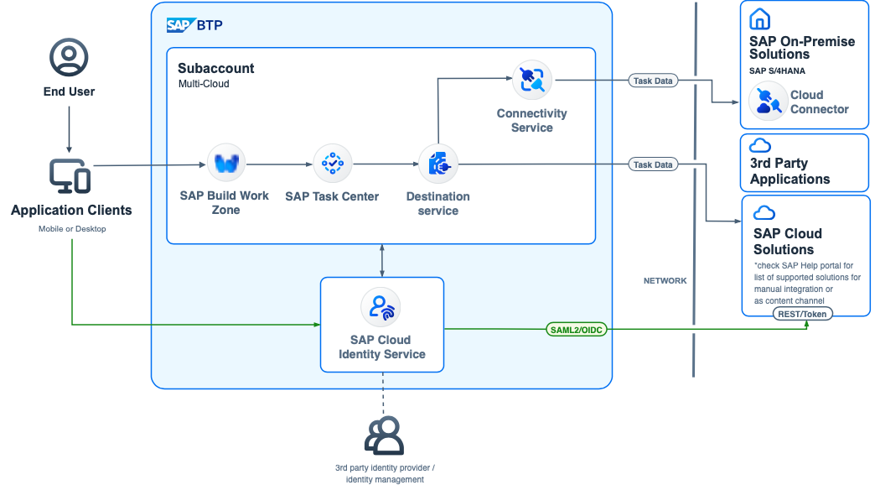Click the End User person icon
(x=69, y=57)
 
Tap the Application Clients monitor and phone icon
(x=69, y=175)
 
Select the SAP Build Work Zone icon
(x=225, y=163)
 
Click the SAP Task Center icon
(x=332, y=163)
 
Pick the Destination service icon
(x=437, y=164)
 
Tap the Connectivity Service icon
(x=531, y=80)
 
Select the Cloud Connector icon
(x=767, y=102)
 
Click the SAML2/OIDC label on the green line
(x=577, y=329)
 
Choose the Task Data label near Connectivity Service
(x=653, y=81)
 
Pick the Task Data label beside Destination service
(x=653, y=164)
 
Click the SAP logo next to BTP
(x=179, y=25)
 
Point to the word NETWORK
(x=665, y=280)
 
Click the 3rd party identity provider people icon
(x=384, y=435)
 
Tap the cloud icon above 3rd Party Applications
(x=760, y=145)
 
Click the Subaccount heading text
(x=216, y=68)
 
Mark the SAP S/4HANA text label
(x=777, y=71)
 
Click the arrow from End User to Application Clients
(x=69, y=126)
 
